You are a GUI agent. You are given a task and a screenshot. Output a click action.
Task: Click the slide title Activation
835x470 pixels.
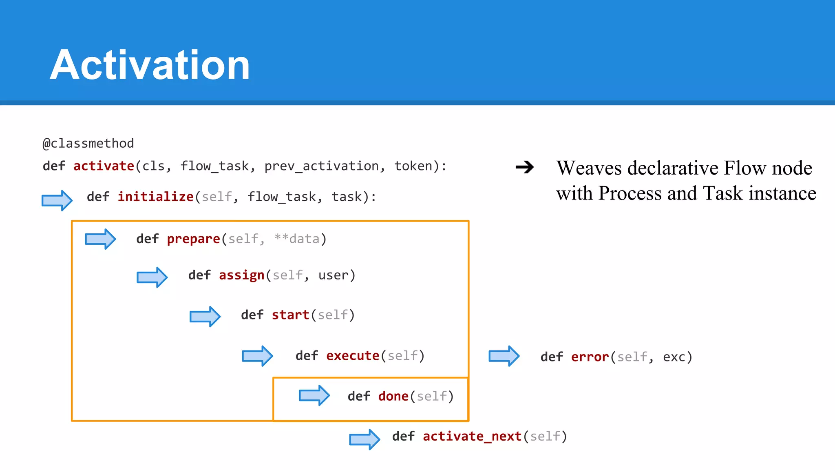150,65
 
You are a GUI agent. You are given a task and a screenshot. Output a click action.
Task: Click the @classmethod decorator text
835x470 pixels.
88,143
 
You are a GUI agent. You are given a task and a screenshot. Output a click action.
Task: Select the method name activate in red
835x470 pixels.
104,166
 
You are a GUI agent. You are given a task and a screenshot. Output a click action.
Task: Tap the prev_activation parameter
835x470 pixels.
321,166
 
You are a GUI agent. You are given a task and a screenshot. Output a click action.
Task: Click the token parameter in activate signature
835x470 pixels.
413,166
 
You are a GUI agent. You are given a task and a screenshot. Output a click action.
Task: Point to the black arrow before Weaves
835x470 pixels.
525,167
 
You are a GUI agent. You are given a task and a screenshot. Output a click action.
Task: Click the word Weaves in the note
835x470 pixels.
589,168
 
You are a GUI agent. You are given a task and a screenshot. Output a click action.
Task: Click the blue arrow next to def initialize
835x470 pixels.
57,200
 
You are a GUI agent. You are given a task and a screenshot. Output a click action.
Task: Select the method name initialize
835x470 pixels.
155,197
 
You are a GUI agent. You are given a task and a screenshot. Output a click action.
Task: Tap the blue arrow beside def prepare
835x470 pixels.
100,239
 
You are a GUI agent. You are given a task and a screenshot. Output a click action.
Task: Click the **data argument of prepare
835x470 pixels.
297,239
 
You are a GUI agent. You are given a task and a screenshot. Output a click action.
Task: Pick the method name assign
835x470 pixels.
241,275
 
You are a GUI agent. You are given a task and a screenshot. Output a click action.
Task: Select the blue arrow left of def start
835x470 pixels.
205,316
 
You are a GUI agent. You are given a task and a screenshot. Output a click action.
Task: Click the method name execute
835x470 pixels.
353,356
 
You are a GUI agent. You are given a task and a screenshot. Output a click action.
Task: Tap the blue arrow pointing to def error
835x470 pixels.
504,356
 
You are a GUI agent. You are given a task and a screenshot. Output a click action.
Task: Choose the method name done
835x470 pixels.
393,396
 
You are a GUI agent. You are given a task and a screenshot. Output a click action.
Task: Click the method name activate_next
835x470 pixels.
472,436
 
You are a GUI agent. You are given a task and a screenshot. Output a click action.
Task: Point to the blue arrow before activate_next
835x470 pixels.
364,439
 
